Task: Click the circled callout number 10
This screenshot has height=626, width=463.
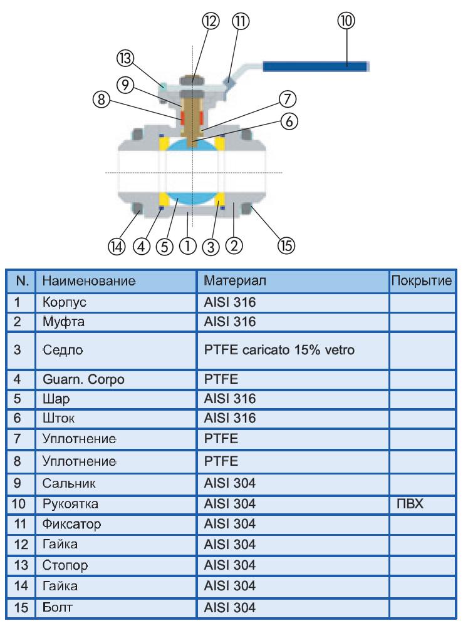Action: [x=346, y=21]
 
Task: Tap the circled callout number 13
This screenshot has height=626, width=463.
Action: [x=125, y=58]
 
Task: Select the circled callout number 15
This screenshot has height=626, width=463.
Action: [x=286, y=245]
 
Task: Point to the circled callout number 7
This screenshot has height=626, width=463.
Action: [x=288, y=99]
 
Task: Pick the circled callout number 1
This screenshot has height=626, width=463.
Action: [x=188, y=246]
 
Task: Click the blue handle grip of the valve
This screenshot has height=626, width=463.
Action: [x=315, y=66]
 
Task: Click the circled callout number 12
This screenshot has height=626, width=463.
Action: [x=211, y=21]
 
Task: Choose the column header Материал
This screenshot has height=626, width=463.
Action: [x=235, y=280]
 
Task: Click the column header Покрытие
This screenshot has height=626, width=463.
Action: [x=422, y=280]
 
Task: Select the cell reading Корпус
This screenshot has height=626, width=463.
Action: [x=65, y=302]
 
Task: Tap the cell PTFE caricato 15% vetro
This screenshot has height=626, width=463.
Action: [x=279, y=350]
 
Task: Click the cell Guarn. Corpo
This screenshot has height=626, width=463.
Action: [x=83, y=379]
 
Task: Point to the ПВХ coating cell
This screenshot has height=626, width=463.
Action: [x=410, y=504]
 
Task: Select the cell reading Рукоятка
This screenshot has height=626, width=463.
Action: [x=70, y=504]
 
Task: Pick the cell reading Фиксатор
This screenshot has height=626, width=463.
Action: [x=72, y=524]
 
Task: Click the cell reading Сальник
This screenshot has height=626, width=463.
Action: [x=69, y=483]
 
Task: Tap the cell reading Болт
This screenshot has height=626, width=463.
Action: [x=58, y=608]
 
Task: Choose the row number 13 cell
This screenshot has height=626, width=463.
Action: [x=21, y=565]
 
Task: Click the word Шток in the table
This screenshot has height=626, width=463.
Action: [x=58, y=418]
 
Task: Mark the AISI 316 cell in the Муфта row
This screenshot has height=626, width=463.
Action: [x=230, y=322]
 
